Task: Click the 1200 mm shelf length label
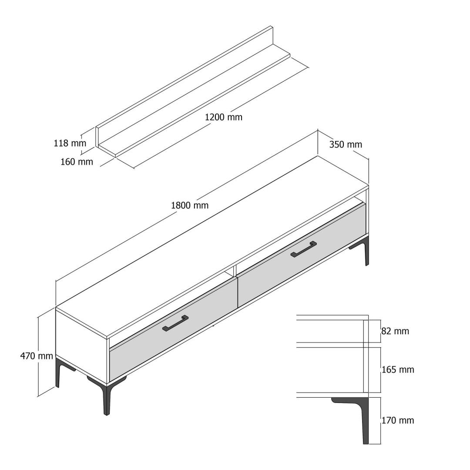click(x=224, y=117)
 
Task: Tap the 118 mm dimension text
click(x=70, y=143)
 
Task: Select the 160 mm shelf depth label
click(x=77, y=162)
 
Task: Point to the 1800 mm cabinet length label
click(x=190, y=205)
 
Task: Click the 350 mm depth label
click(x=346, y=144)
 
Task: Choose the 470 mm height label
click(x=37, y=356)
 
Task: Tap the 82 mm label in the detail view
click(x=395, y=331)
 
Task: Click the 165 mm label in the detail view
click(x=398, y=369)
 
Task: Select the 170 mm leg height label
click(x=398, y=420)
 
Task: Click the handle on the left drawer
click(x=175, y=323)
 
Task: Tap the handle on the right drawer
click(x=304, y=249)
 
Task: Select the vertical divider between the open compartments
click(x=235, y=270)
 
